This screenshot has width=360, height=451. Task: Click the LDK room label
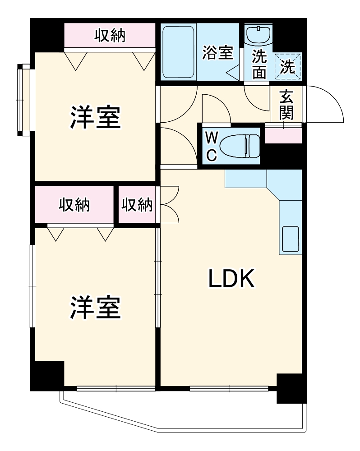[232, 279]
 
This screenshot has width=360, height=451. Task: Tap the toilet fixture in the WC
[242, 146]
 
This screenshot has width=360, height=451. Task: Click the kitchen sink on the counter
[290, 239]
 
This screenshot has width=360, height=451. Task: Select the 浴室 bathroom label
[217, 53]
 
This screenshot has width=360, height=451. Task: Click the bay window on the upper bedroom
[25, 100]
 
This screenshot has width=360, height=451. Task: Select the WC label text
[211, 146]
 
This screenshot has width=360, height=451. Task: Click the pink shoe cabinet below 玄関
[283, 135]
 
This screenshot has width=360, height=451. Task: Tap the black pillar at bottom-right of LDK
[291, 388]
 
